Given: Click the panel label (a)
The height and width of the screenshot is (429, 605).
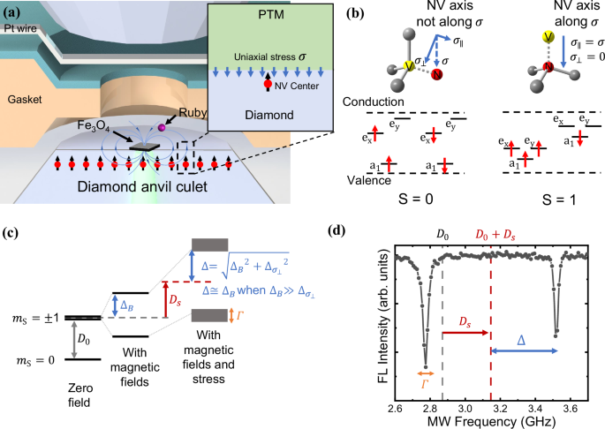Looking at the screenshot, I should point(17,12).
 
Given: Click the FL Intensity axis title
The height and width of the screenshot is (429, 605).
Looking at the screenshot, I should point(371,319).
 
